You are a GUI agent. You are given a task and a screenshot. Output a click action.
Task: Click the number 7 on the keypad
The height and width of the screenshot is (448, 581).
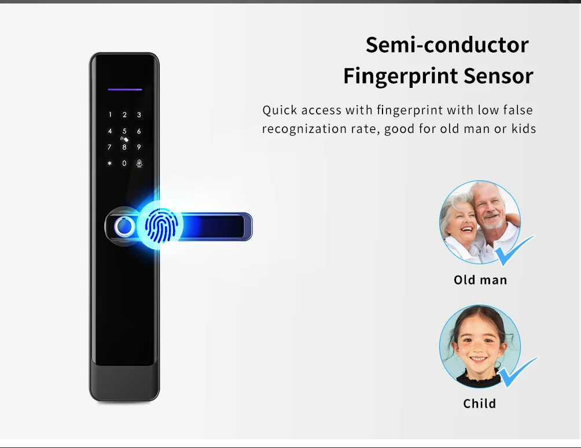click(x=110, y=147)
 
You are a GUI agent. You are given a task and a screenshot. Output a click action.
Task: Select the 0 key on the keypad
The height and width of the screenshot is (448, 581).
click(x=124, y=164)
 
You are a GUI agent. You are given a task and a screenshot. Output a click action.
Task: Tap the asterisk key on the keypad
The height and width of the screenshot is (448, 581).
click(x=110, y=164)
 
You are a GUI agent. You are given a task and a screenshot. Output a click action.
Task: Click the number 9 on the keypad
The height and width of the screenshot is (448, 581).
click(x=139, y=147)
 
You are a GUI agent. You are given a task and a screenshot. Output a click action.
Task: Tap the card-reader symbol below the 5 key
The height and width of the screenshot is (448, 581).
click(x=123, y=139)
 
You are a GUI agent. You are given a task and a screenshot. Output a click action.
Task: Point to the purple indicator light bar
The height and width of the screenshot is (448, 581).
click(x=124, y=90)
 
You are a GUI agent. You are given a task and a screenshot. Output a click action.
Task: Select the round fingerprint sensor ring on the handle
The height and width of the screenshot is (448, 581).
click(x=123, y=225)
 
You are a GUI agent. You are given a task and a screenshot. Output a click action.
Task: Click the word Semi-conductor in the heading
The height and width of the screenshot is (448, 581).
click(x=447, y=45)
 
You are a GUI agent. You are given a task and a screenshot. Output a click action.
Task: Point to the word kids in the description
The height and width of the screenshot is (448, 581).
click(x=523, y=128)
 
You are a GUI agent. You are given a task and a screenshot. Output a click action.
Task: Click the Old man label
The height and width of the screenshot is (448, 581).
click(x=480, y=280)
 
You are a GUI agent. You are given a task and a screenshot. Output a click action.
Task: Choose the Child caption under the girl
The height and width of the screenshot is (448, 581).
click(x=480, y=403)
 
